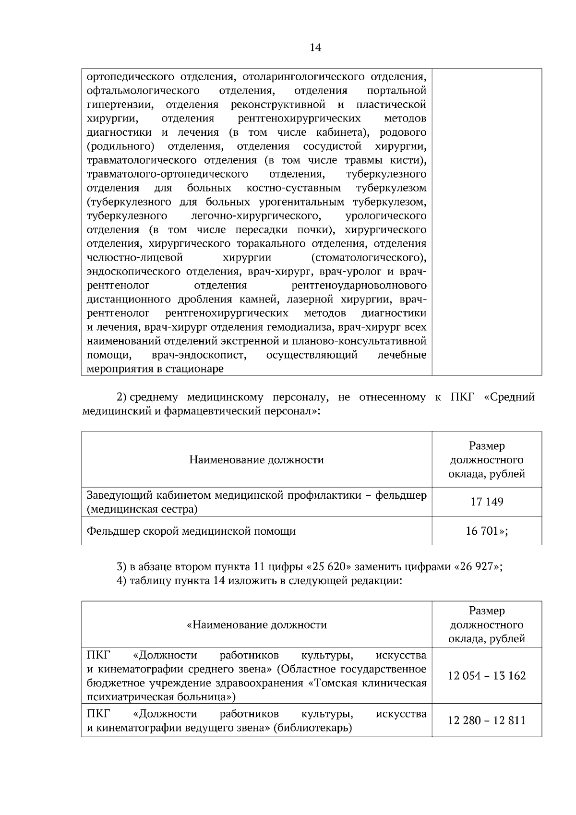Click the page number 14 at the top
click(315, 48)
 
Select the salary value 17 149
click(487, 502)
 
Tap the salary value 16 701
click(483, 531)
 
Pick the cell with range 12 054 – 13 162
click(487, 676)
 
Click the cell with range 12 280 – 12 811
click(487, 720)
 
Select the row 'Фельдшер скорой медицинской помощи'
click(191, 531)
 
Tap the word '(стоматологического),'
click(369, 258)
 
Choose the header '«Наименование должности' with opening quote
click(256, 625)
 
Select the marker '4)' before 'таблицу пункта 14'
click(121, 581)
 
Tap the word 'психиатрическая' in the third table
click(121, 696)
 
